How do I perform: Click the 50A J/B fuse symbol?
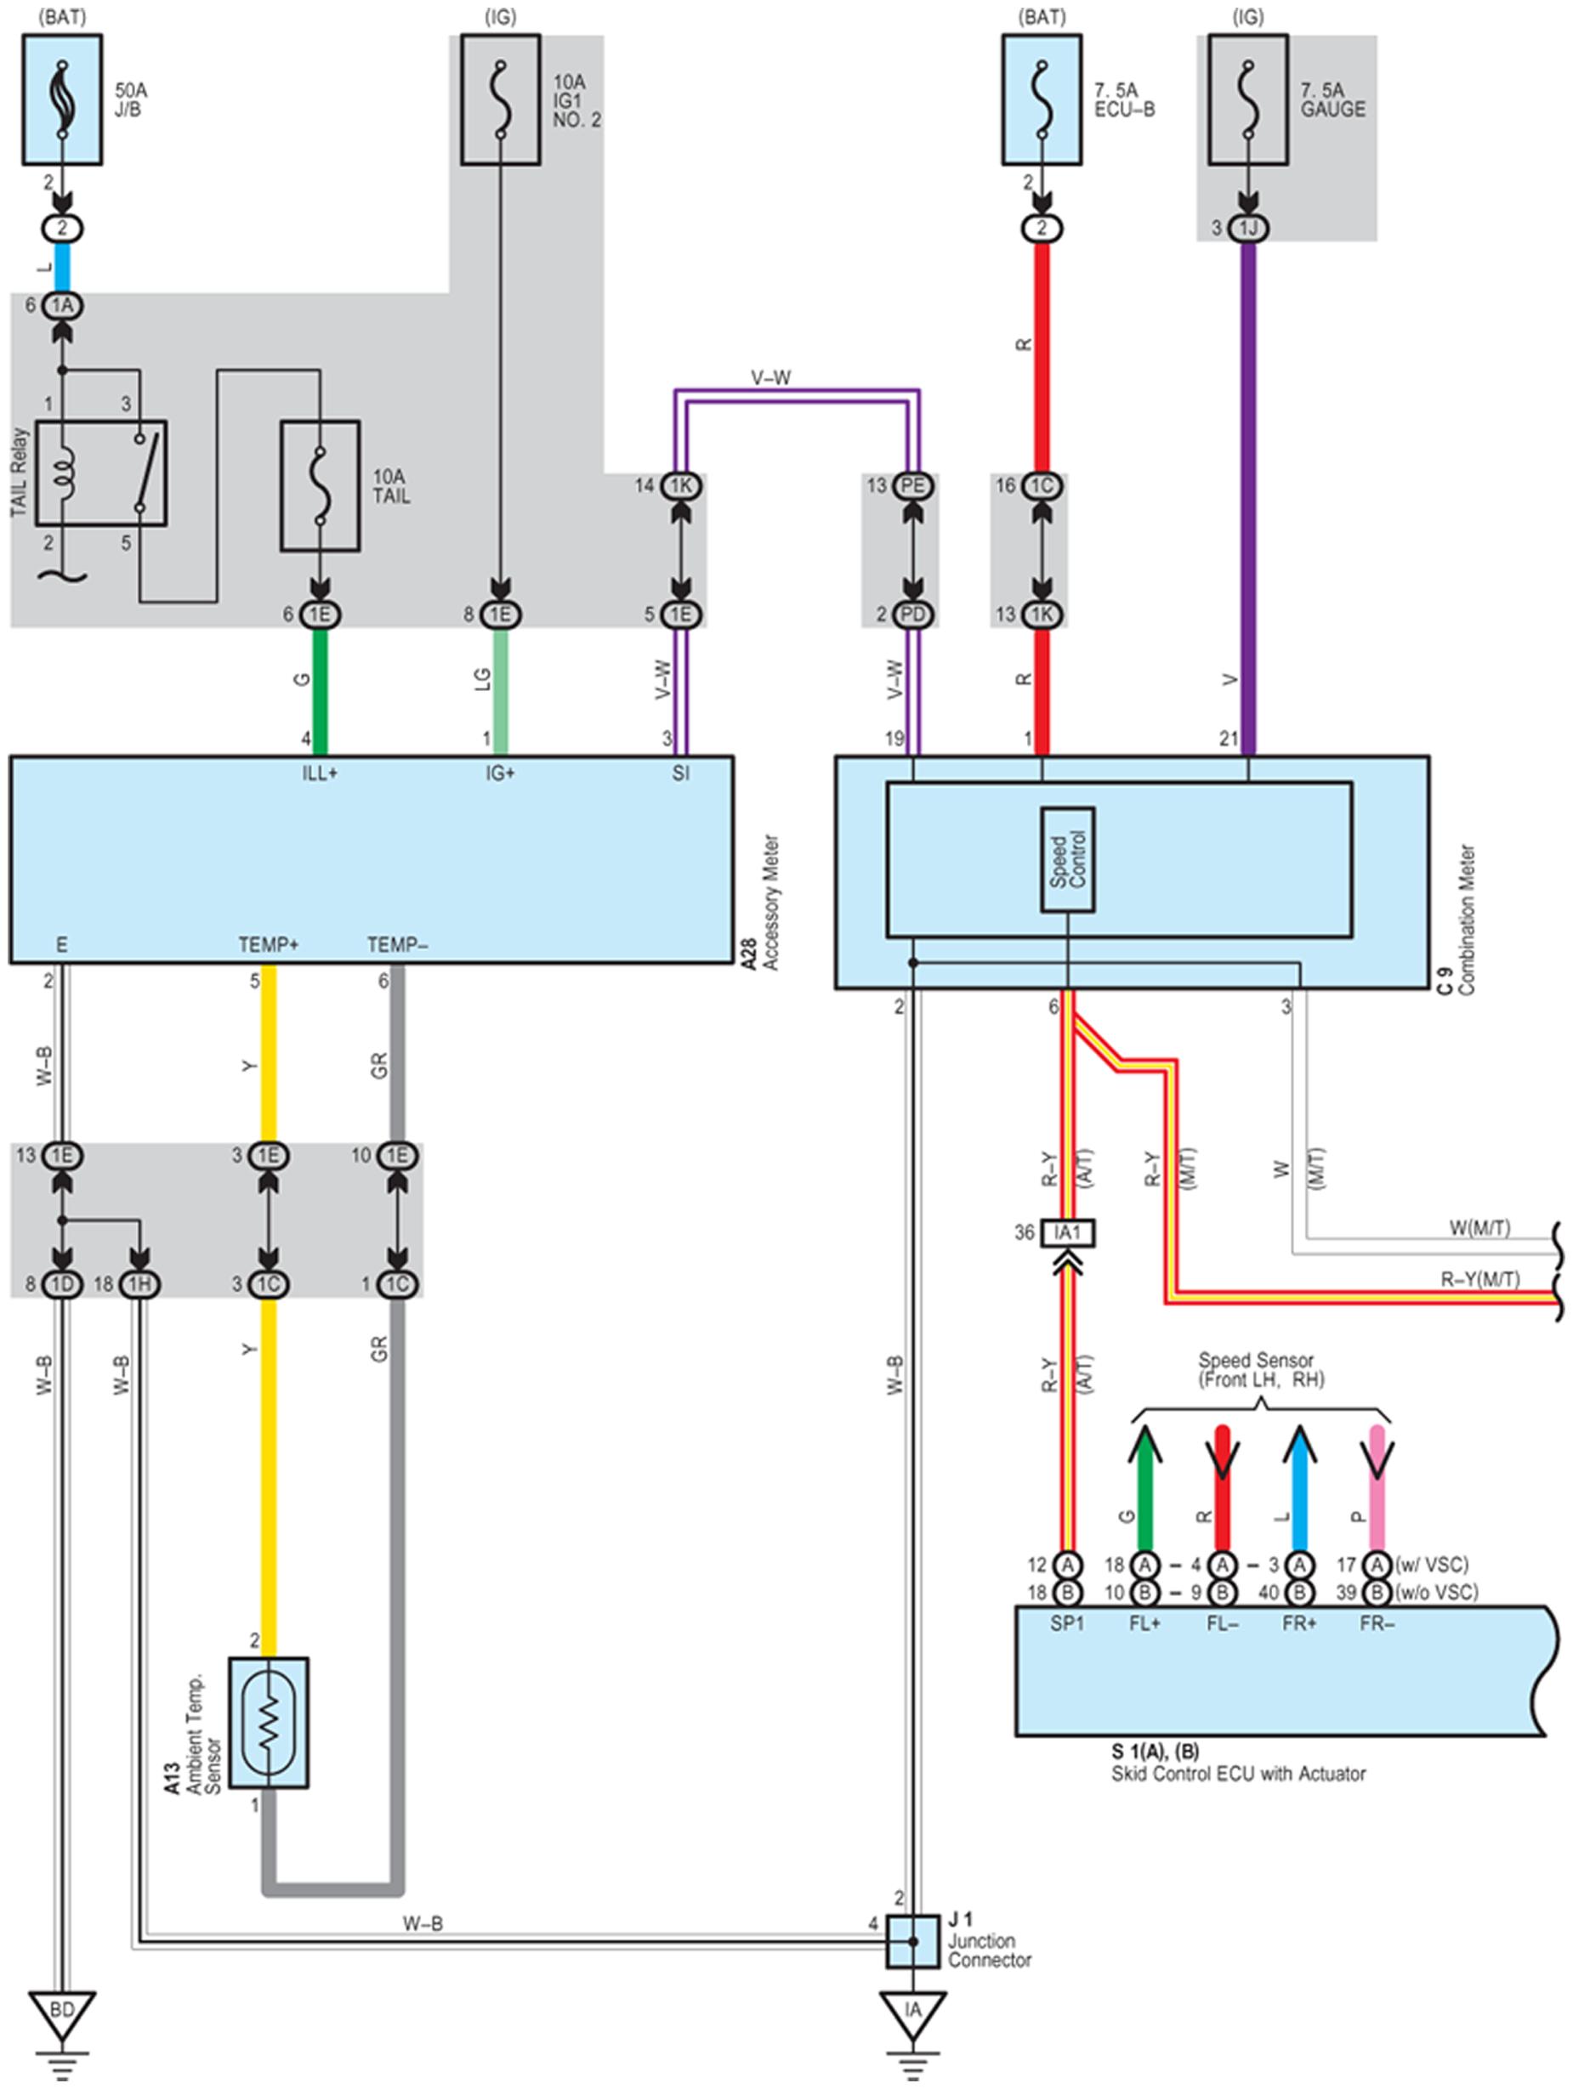point(62,99)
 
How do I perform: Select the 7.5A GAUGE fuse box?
point(1248,99)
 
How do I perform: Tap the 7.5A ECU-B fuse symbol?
point(1042,99)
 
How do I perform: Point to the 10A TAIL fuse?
point(321,485)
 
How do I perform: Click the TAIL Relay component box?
point(101,473)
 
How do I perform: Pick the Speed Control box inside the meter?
point(1068,859)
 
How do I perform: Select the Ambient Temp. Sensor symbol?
point(269,1722)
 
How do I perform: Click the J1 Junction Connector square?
point(912,1941)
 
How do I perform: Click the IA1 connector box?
point(1068,1232)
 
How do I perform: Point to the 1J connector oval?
point(1248,228)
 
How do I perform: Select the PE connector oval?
point(912,485)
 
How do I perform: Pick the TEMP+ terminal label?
point(269,944)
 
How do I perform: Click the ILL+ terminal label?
point(320,773)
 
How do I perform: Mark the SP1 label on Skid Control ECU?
point(1068,1623)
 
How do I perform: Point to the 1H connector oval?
point(139,1284)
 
